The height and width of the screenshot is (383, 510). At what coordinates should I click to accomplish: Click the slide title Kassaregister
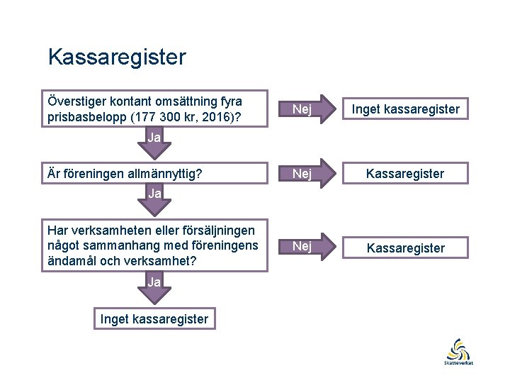116,57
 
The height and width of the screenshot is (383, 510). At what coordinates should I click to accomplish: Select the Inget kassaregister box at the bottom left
154,319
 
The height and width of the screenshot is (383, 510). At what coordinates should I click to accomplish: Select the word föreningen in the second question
95,174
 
